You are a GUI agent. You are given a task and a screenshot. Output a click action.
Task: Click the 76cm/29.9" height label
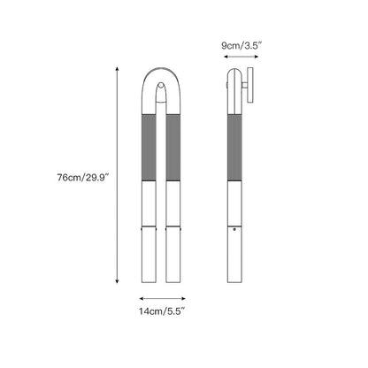click(x=83, y=178)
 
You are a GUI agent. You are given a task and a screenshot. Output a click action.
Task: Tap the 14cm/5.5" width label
click(x=162, y=311)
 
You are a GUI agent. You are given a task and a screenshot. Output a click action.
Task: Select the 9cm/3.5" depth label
click(x=241, y=46)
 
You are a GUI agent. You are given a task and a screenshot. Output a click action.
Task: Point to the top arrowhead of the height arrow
click(x=117, y=69)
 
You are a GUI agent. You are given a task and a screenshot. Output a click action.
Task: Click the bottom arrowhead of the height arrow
click(x=117, y=281)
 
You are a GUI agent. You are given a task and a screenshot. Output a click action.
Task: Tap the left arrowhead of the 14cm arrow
click(x=142, y=299)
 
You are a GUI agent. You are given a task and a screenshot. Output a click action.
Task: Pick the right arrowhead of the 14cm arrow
click(x=183, y=299)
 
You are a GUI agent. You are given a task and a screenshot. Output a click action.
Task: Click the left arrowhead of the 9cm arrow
click(x=226, y=57)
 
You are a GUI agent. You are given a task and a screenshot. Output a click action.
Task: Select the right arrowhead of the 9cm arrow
click(x=256, y=57)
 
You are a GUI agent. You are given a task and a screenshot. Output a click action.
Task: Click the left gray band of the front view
click(x=149, y=148)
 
